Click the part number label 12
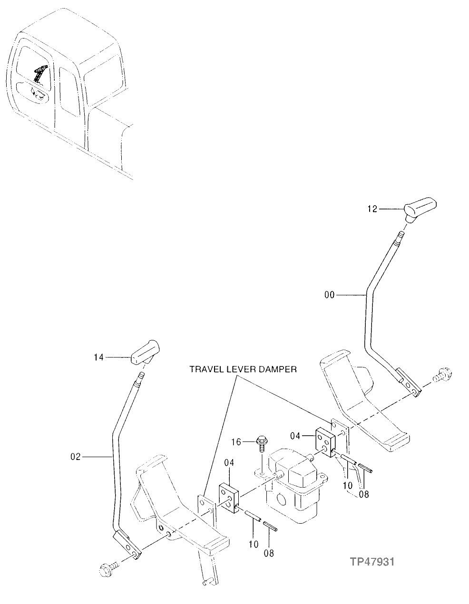[372, 209]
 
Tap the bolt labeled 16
[261, 442]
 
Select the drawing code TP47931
[372, 562]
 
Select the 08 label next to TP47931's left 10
[269, 553]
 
